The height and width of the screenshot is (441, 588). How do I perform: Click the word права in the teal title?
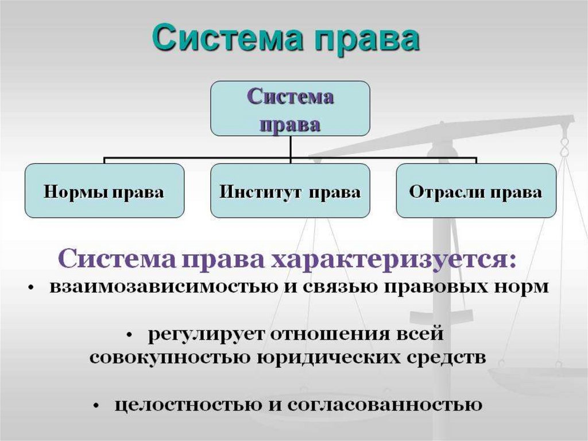(x=367, y=41)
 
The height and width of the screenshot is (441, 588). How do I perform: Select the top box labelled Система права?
(x=290, y=108)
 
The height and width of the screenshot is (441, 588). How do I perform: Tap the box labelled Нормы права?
(x=105, y=191)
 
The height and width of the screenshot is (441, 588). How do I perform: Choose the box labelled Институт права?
(x=290, y=191)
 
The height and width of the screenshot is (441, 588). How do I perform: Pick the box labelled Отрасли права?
(x=476, y=191)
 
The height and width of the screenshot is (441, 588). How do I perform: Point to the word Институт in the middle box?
(x=260, y=191)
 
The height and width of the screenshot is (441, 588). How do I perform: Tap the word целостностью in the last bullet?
(x=188, y=405)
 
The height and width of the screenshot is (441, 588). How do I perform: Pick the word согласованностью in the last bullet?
(x=385, y=405)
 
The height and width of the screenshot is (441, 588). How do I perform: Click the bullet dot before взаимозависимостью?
(x=32, y=288)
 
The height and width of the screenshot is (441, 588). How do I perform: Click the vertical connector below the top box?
(x=290, y=149)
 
